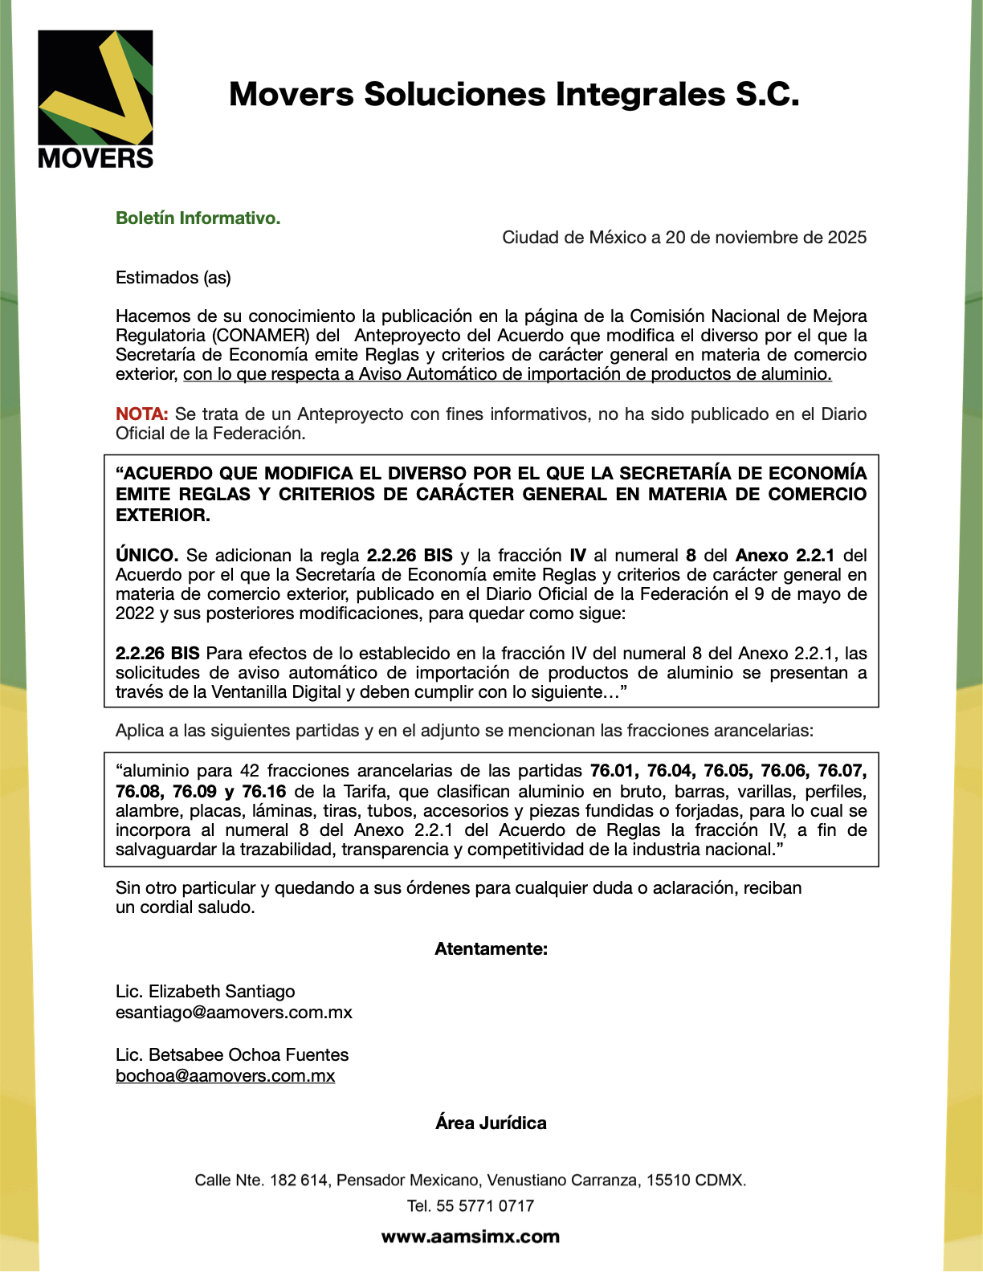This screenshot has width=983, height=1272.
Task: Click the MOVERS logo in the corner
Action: (x=95, y=99)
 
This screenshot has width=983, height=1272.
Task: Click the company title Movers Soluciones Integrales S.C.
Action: (x=514, y=94)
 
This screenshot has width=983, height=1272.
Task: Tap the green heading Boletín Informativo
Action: (x=198, y=218)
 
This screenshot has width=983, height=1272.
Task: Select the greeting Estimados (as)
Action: (x=173, y=278)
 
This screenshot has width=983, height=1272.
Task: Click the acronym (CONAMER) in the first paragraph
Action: (x=261, y=336)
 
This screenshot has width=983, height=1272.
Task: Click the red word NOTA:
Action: (x=141, y=414)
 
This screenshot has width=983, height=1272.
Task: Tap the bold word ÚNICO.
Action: (x=147, y=556)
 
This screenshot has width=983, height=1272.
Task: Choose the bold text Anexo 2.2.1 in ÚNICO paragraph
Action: (x=785, y=556)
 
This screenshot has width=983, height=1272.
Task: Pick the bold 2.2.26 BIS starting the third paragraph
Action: (x=157, y=654)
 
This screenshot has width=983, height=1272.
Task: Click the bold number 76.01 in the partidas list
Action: (x=614, y=771)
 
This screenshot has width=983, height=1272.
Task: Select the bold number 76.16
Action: (x=263, y=792)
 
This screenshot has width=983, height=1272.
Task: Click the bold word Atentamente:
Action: (x=491, y=949)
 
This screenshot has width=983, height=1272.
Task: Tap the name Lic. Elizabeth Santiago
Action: (x=205, y=992)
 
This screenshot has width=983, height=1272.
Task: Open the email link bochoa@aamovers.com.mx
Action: (x=225, y=1076)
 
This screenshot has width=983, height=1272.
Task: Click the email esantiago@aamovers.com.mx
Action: (x=234, y=1013)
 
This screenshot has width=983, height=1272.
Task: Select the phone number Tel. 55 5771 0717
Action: (x=470, y=1206)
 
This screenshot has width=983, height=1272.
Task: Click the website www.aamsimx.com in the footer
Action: (x=470, y=1237)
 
